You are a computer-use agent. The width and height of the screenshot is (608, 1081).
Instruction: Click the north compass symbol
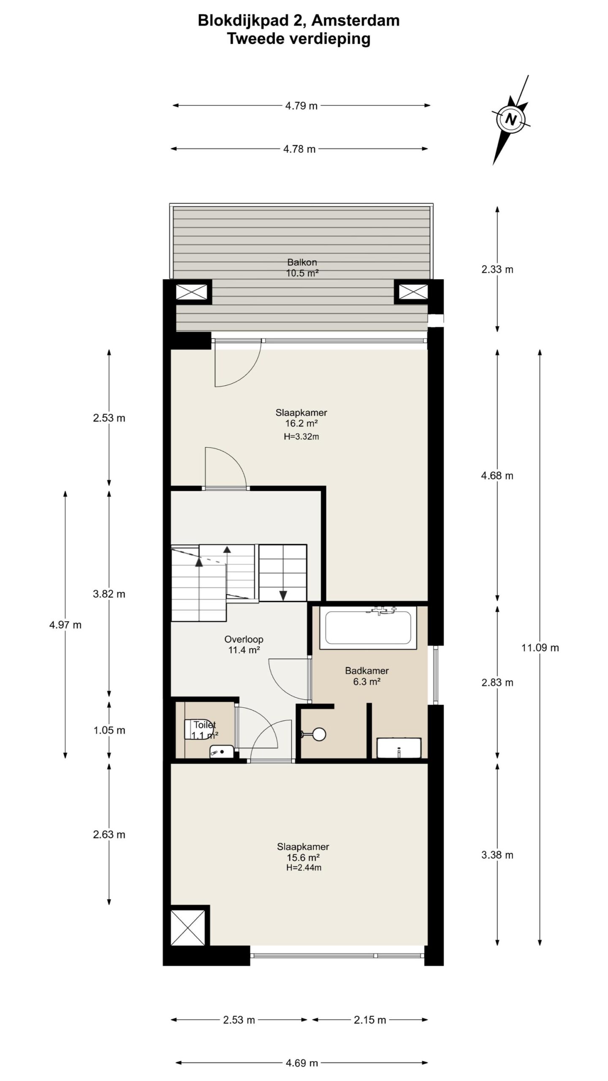coord(510,120)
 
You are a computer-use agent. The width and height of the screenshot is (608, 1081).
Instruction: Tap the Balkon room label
coord(302,262)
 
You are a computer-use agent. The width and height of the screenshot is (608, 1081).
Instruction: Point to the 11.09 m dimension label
coord(540,648)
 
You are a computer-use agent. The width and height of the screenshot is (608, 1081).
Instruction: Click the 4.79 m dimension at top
coord(301,106)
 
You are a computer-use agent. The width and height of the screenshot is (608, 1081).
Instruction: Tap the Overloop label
coord(244,639)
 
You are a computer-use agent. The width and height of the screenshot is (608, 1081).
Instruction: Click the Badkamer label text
coord(367,670)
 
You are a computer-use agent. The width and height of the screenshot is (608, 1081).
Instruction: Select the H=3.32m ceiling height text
coord(301,437)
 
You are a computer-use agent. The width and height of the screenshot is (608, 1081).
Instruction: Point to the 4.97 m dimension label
coord(65,625)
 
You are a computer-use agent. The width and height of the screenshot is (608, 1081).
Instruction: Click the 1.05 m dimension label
coord(109,730)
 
